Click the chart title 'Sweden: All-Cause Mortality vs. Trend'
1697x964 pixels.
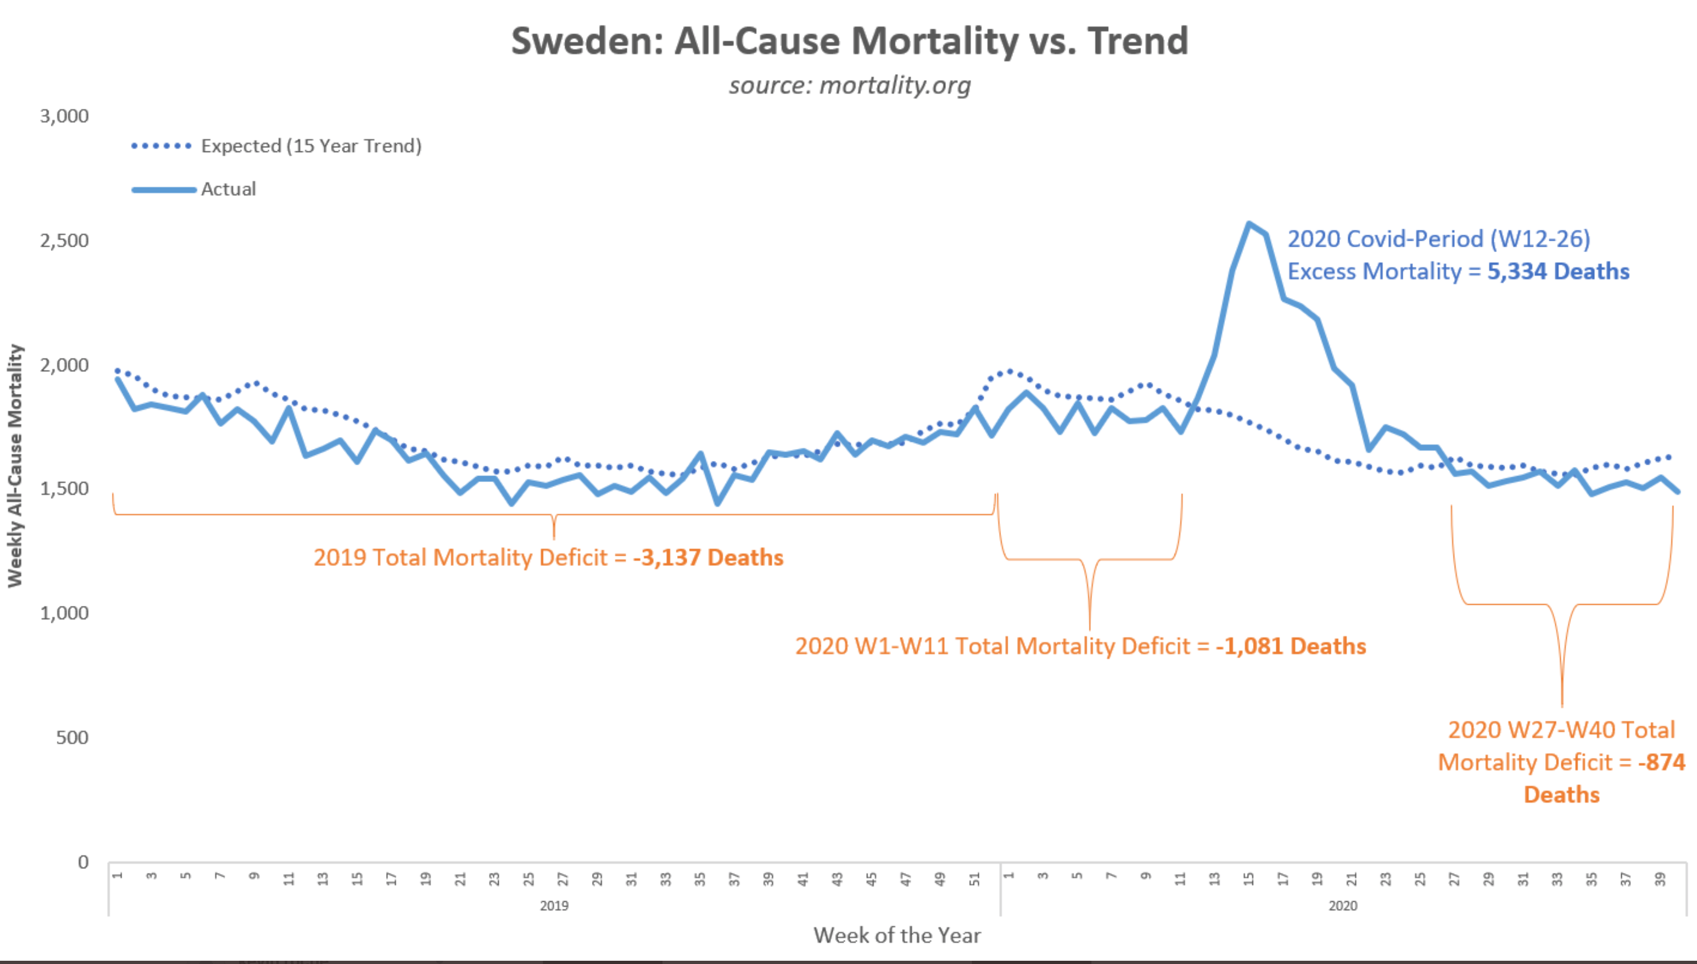coord(850,41)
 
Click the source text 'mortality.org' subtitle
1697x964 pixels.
coord(895,85)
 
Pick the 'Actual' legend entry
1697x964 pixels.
coord(194,189)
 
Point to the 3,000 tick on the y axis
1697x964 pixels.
coord(64,116)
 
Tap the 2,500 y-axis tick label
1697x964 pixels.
coord(64,240)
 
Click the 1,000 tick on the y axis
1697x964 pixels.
coord(64,613)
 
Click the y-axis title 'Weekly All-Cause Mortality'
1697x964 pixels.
coord(15,465)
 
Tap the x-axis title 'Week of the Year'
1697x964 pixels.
coord(897,935)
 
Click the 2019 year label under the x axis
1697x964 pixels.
coord(554,906)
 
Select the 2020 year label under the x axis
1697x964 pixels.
coord(1343,906)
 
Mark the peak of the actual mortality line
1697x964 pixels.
coord(1249,224)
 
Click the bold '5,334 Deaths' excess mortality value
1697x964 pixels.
coord(1559,272)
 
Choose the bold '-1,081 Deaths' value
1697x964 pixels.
coord(1291,646)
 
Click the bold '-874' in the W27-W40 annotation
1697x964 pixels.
coord(1662,762)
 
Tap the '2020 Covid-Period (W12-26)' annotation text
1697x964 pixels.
coord(1439,239)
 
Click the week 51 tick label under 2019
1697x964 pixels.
coord(975,879)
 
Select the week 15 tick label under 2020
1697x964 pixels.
coord(1249,879)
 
